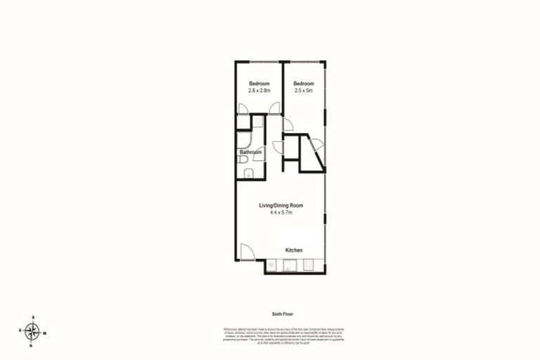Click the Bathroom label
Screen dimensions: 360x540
coord(250,152)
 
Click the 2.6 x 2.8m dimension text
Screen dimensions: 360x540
coord(259,91)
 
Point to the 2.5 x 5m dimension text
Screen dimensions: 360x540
coord(303,91)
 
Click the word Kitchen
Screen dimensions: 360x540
coord(294,250)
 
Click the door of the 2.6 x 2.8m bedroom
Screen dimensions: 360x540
coord(243,109)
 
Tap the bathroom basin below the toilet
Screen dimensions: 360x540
coord(243,174)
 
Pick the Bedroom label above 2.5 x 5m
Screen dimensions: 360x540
coord(303,84)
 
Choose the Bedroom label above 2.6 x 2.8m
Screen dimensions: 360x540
coord(259,84)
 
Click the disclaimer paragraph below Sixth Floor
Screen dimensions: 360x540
coord(281,334)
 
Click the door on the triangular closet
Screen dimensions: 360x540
coord(316,146)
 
